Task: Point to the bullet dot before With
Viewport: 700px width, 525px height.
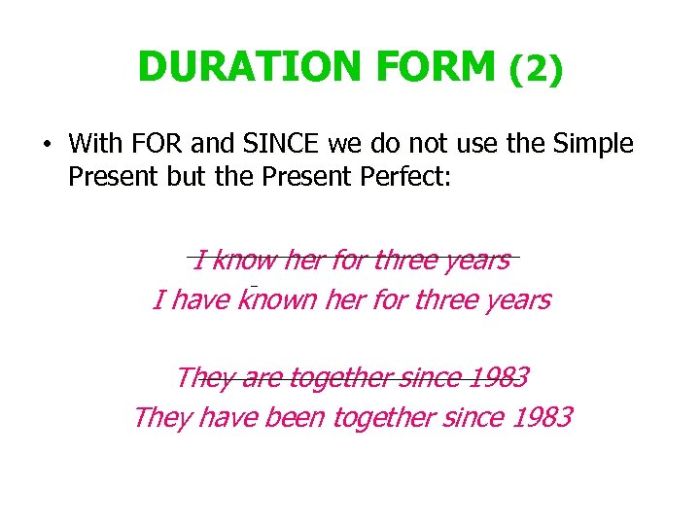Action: pyautogui.click(x=46, y=146)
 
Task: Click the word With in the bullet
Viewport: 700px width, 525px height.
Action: pyautogui.click(x=95, y=145)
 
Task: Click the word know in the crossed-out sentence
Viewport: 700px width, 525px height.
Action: pyautogui.click(x=243, y=260)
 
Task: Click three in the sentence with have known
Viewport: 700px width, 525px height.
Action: pyautogui.click(x=446, y=299)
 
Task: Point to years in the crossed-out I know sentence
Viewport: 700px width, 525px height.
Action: pyautogui.click(x=476, y=261)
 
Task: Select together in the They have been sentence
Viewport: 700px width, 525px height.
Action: pyautogui.click(x=384, y=418)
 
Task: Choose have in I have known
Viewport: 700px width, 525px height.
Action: pyautogui.click(x=198, y=299)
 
